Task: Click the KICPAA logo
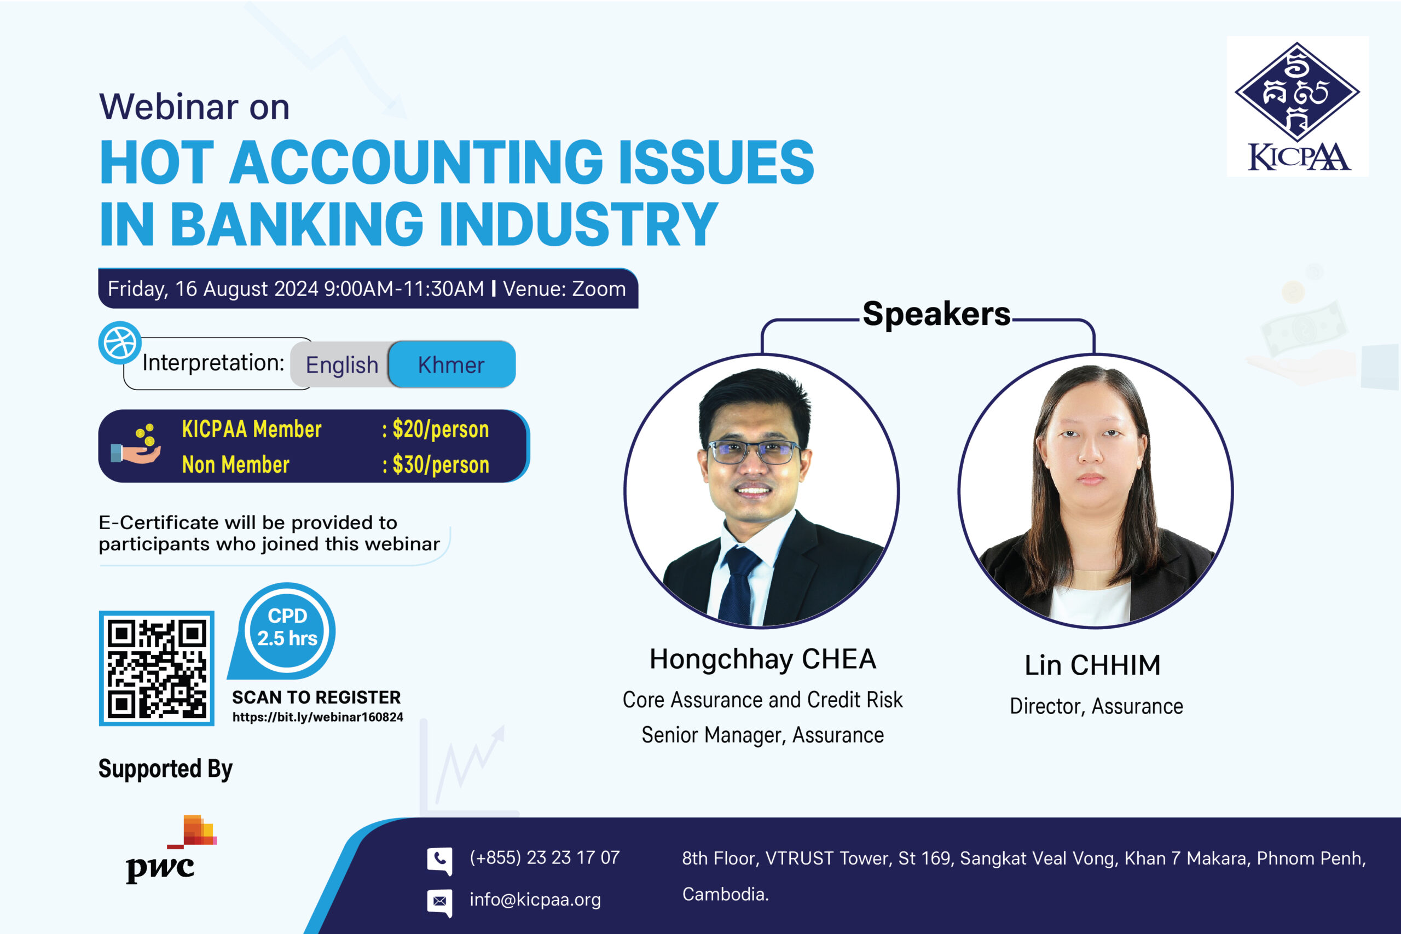pos(1298,106)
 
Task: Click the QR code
pos(157,668)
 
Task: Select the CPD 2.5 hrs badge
pos(283,631)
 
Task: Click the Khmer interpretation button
pos(452,364)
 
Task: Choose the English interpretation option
pos(342,364)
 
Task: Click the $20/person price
pos(441,430)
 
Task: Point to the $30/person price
pos(441,465)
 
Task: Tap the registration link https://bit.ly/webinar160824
pos(317,717)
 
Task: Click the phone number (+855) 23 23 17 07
pos(545,857)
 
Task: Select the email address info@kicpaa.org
pos(535,900)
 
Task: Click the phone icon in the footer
pos(439,861)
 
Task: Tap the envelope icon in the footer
pos(439,902)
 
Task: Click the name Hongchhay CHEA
pos(762,659)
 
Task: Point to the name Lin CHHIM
pos(1092,665)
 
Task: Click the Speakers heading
pos(936,314)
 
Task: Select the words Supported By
pos(166,769)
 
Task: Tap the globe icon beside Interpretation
pos(120,343)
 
